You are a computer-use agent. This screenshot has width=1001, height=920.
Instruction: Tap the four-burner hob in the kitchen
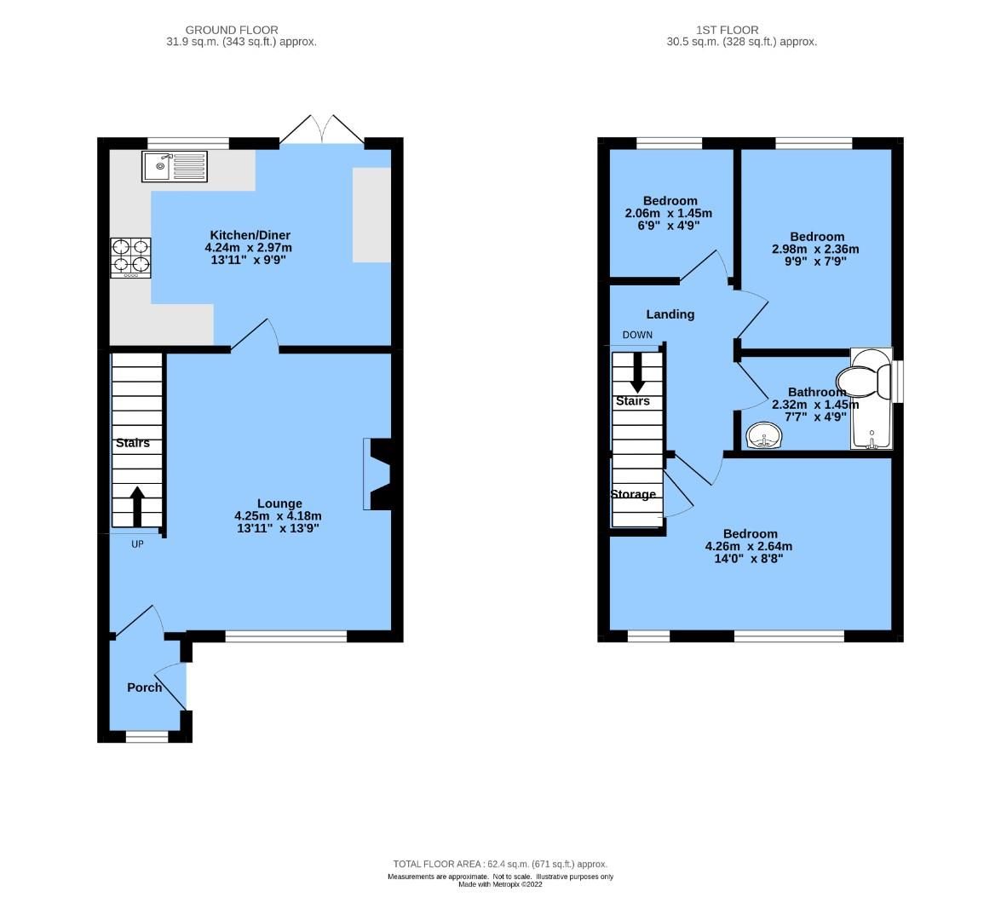click(x=130, y=257)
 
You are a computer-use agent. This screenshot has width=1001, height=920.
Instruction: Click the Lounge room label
click(x=279, y=503)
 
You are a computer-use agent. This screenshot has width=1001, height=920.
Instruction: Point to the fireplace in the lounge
click(x=377, y=474)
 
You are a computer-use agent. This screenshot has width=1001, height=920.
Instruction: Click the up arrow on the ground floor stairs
click(x=136, y=506)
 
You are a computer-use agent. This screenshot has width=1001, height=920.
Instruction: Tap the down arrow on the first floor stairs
click(x=636, y=372)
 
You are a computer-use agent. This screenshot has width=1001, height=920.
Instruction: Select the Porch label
click(x=144, y=687)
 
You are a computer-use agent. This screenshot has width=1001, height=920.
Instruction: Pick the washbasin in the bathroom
click(x=764, y=437)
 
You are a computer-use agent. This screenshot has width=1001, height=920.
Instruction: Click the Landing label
click(x=670, y=314)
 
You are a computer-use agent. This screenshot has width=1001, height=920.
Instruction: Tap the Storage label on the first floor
click(x=633, y=494)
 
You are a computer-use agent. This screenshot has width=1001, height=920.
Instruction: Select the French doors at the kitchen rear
click(x=324, y=131)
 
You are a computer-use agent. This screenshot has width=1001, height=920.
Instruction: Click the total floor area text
click(x=500, y=864)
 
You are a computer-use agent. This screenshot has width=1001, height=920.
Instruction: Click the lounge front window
click(x=285, y=635)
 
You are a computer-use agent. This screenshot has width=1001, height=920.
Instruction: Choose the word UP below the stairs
click(x=137, y=544)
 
